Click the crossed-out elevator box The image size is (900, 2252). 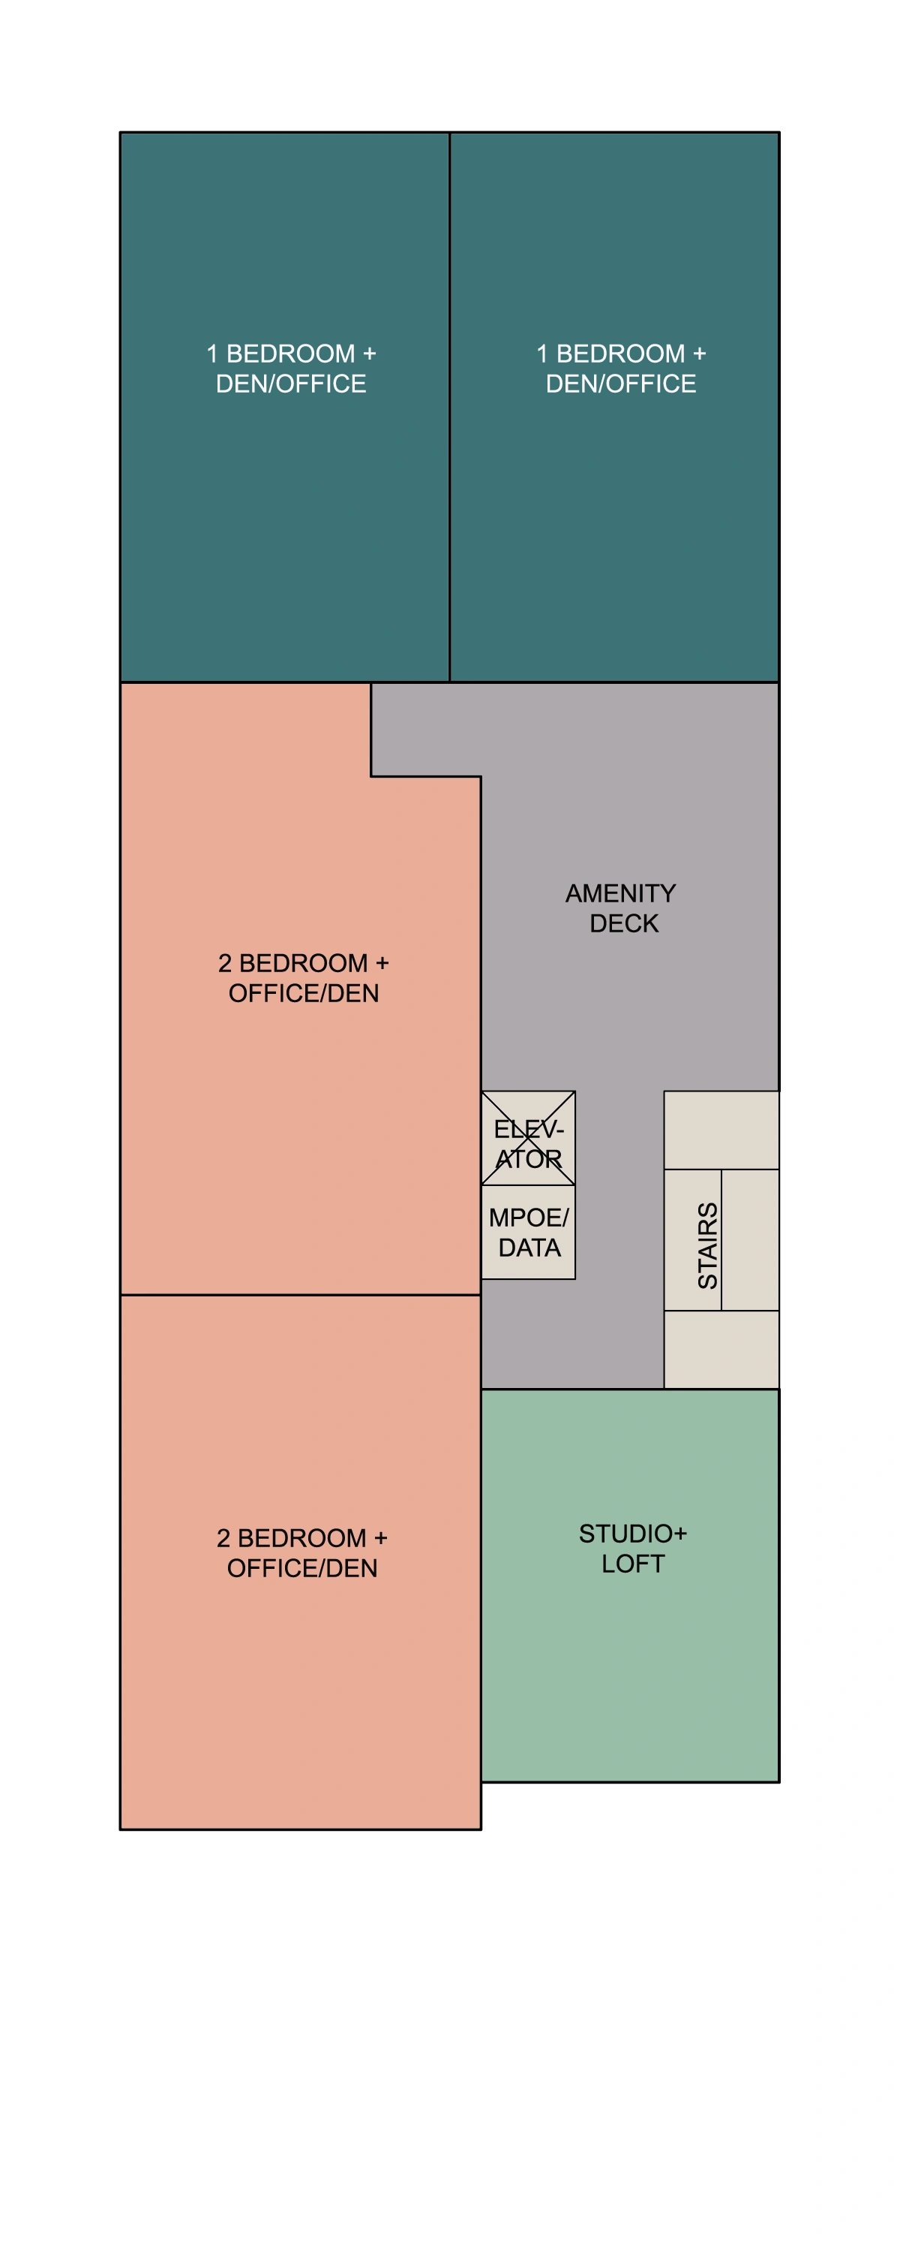tap(528, 1137)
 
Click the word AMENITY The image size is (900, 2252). tap(620, 893)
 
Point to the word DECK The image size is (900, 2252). tap(624, 923)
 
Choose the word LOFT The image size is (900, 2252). tap(632, 1564)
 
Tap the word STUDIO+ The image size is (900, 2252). tap(632, 1534)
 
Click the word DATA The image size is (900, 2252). tap(529, 1248)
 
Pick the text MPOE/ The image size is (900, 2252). tap(529, 1217)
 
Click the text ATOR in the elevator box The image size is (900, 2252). tap(529, 1159)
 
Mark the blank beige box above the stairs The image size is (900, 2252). tap(721, 1130)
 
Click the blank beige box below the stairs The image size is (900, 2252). tap(721, 1349)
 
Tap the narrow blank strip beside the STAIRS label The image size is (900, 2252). tap(750, 1239)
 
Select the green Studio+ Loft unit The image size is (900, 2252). tap(629, 1661)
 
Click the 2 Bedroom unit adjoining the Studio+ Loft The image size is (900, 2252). tap(300, 1661)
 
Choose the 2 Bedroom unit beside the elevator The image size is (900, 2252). tap(300, 1093)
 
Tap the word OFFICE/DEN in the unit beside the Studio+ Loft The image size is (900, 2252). tap(302, 1568)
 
